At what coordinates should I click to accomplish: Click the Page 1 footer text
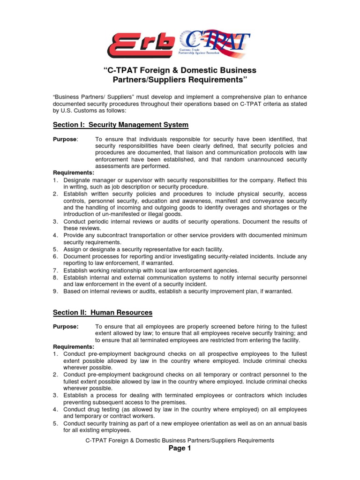click(x=180, y=449)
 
